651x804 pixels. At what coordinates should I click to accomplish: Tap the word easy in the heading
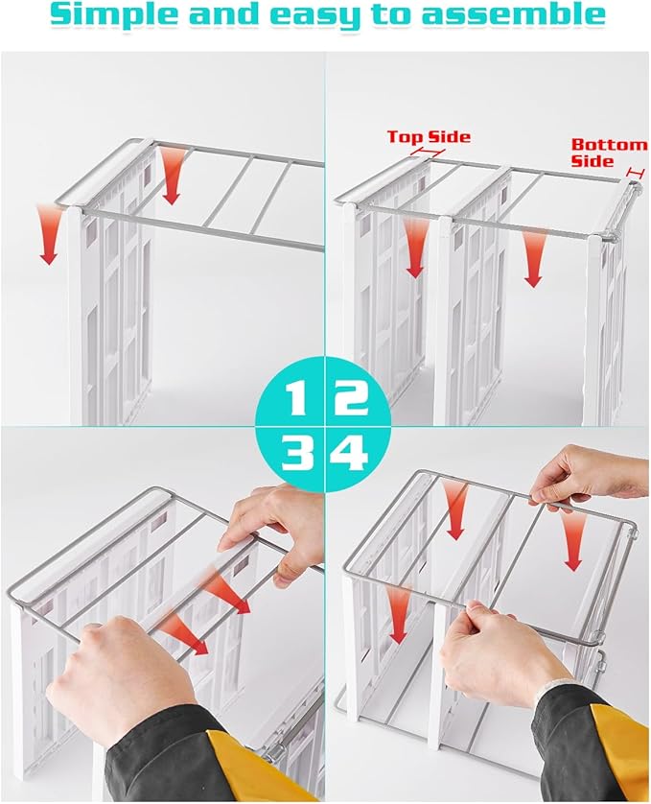(x=338, y=16)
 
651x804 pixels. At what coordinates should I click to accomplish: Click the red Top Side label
(x=428, y=136)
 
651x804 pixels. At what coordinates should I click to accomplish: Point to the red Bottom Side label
(x=609, y=153)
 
